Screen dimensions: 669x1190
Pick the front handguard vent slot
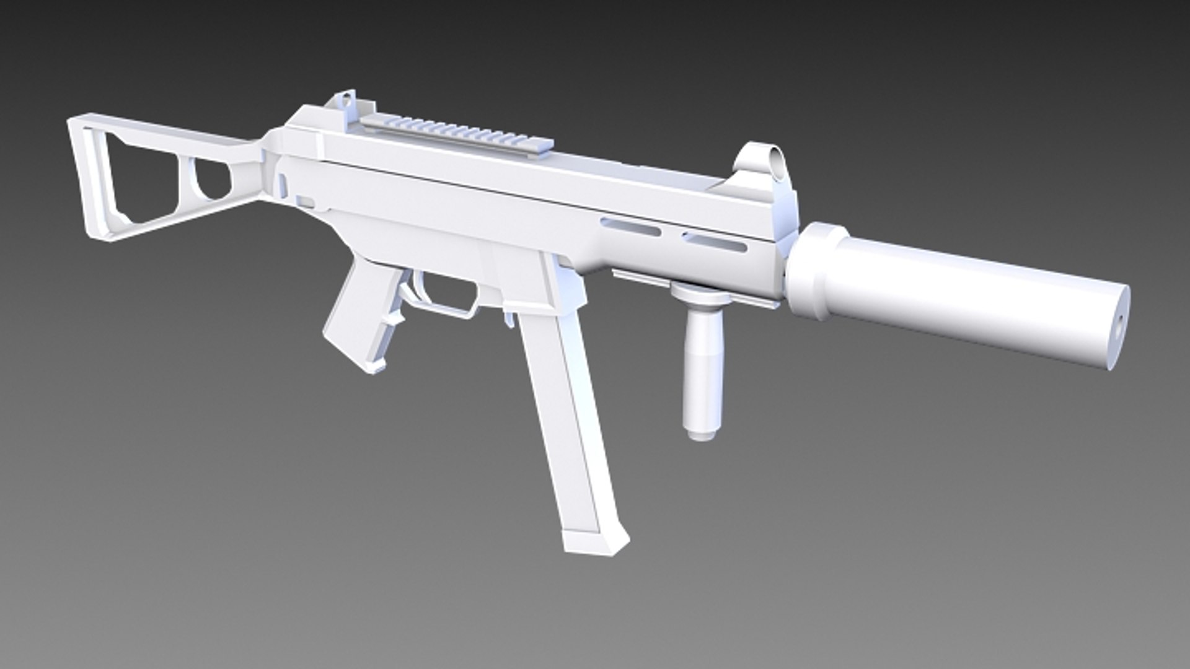point(714,242)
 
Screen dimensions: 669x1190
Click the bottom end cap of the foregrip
point(699,432)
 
